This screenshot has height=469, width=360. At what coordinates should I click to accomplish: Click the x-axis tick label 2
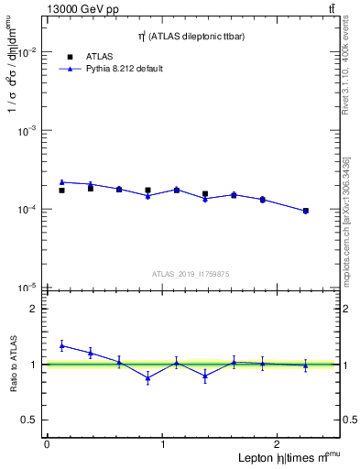pos(278,443)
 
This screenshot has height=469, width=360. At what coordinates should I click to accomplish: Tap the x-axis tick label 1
pos(163,443)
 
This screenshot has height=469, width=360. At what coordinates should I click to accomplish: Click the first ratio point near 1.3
pos(61,345)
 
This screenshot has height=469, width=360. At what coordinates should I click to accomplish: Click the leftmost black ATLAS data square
pos(61,191)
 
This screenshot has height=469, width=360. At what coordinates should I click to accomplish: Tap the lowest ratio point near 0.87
pos(147,377)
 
